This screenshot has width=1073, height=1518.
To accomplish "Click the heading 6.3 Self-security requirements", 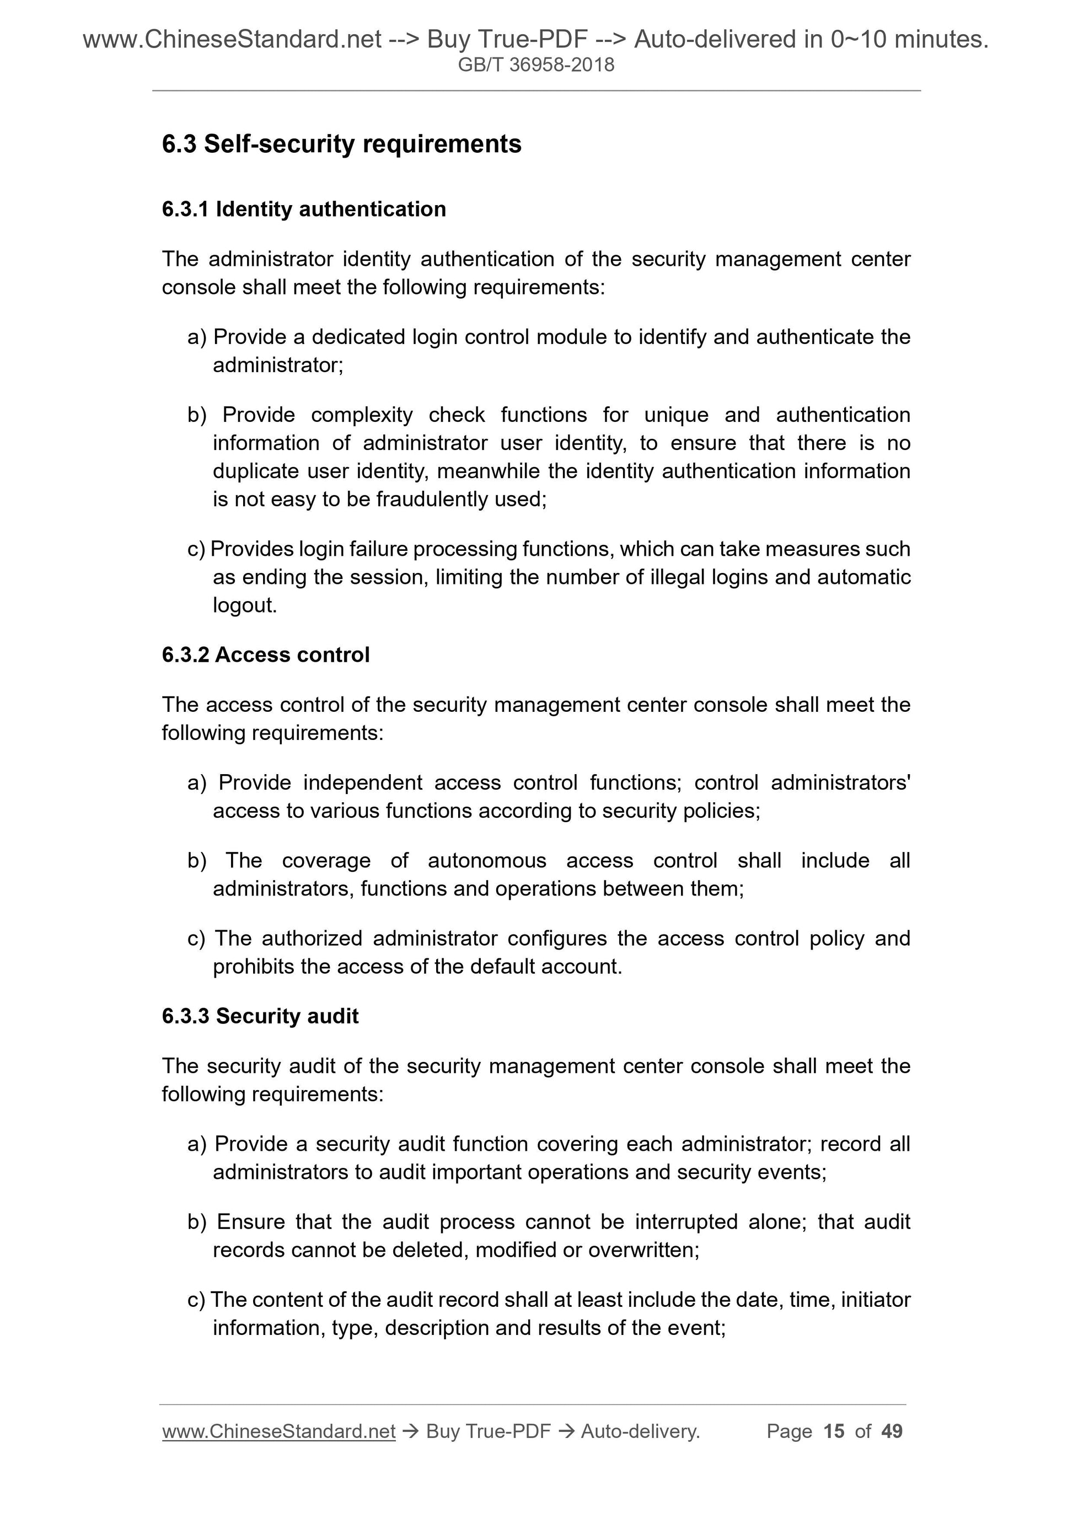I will point(341,144).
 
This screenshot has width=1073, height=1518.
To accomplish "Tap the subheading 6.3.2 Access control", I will point(265,655).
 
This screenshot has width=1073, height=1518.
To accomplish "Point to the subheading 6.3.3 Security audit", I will point(260,1016).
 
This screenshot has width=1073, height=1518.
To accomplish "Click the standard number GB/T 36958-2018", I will point(536,65).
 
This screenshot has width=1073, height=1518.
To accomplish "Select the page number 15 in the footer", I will point(834,1431).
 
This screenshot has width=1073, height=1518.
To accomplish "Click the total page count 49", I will point(892,1431).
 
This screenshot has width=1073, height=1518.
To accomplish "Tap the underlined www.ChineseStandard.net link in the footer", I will point(278,1431).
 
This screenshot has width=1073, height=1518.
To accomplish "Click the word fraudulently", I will point(432,499).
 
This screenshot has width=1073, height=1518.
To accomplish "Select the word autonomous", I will point(487,860).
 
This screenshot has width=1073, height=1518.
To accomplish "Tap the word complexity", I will point(362,415).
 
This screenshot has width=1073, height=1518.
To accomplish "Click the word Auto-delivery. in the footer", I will point(640,1431).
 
